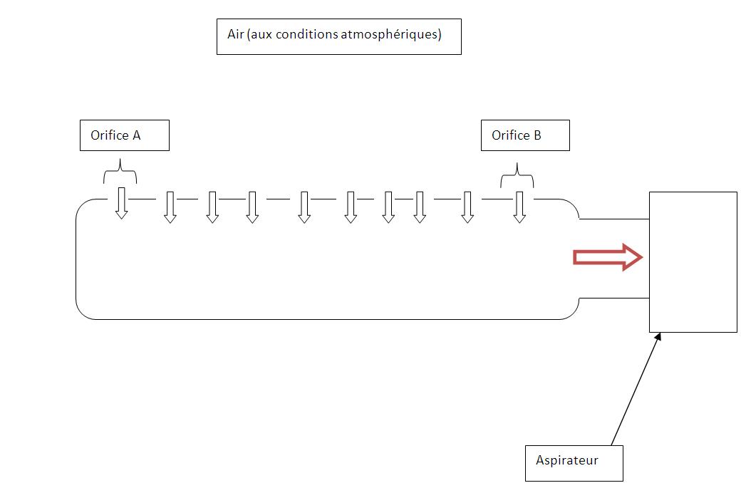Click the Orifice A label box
(124, 135)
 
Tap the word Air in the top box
(236, 34)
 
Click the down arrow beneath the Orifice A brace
(122, 203)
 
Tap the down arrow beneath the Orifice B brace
(519, 207)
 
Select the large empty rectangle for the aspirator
(693, 261)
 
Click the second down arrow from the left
(170, 207)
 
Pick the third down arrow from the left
(212, 207)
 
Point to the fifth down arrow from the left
(304, 207)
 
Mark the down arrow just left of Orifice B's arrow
(467, 207)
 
